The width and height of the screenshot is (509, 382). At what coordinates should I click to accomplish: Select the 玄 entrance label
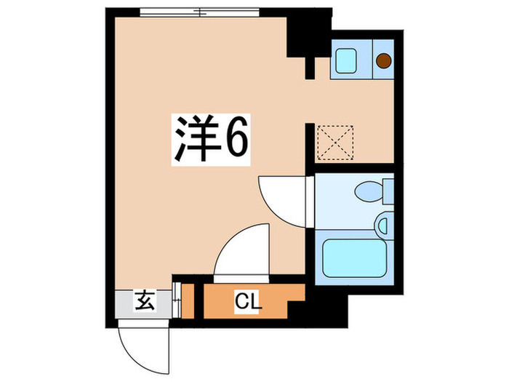[x=143, y=299]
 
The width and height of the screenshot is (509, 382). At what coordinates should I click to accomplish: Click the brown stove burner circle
[x=383, y=60]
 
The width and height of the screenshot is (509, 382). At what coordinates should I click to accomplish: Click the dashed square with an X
[x=335, y=143]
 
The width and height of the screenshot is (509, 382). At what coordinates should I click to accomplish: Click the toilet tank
[x=388, y=193]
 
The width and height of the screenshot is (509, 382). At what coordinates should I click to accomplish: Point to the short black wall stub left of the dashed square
[x=309, y=141]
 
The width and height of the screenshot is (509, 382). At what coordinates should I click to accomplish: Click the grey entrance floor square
[x=145, y=300]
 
